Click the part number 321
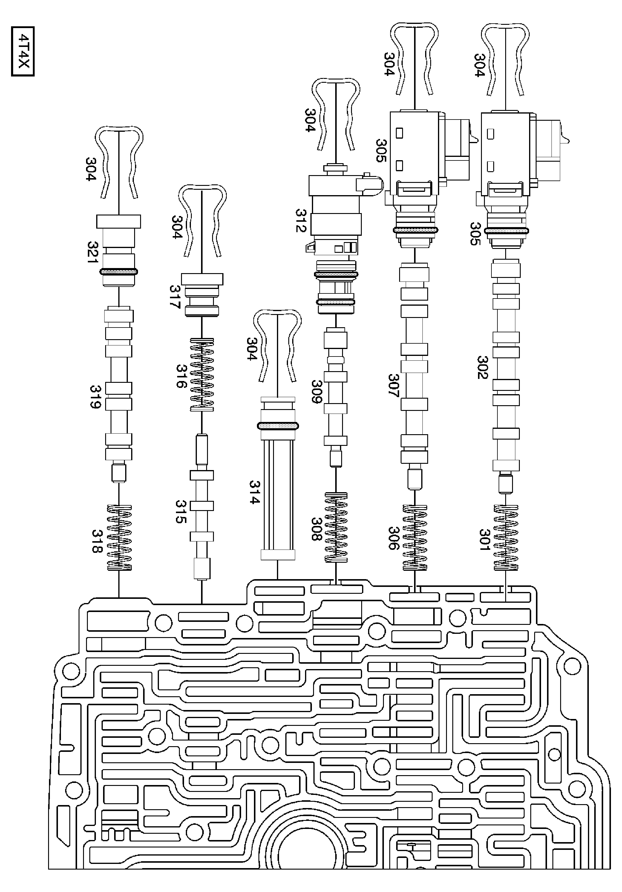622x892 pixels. tap(93, 253)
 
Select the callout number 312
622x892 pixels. tap(301, 221)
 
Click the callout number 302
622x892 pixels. tap(482, 367)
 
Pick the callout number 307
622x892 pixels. tap(393, 385)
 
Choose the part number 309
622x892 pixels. tap(317, 391)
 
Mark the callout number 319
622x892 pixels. tap(95, 397)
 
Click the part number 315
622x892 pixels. tap(181, 512)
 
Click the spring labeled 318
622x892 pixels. tap(119, 538)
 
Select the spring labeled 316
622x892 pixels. tap(202, 374)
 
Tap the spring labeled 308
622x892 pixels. tap(336, 528)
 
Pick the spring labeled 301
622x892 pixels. tap(506, 538)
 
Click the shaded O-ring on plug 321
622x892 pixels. tap(119, 272)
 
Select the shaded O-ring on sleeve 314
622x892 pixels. tap(278, 426)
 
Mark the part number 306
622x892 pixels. tap(393, 538)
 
